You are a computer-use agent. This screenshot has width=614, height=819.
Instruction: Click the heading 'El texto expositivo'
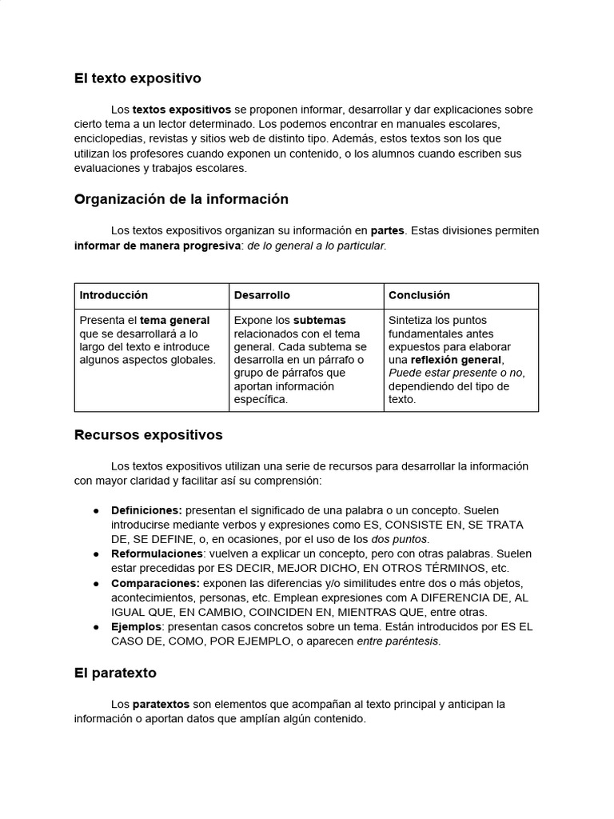pos(138,78)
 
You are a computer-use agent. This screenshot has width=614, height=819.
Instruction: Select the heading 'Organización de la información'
pos(181,199)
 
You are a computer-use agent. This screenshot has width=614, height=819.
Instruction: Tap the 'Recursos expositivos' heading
pos(148,435)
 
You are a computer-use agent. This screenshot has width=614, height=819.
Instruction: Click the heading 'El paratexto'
pos(115,673)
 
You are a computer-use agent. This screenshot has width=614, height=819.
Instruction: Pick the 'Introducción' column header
pos(114,295)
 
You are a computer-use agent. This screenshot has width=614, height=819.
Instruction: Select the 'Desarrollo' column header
pos(262,295)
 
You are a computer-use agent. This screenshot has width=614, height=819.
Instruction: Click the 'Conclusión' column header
pos(419,295)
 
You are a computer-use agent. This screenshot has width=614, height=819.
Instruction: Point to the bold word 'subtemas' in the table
pos(319,321)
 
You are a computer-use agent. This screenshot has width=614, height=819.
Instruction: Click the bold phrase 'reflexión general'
pos(456,360)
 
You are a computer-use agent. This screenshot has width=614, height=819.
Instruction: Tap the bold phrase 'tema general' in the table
pos(175,321)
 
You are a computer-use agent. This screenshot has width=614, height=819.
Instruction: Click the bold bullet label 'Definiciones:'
pos(146,510)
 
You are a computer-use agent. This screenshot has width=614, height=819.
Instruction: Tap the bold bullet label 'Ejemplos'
pos(136,627)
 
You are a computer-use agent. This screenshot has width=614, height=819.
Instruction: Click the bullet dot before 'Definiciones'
pos(96,510)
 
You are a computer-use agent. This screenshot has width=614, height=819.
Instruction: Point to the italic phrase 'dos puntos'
pos(399,539)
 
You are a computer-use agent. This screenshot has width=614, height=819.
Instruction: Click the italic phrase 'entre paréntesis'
pos(398,641)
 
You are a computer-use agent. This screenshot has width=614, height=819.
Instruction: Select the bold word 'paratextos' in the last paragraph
pos(161,705)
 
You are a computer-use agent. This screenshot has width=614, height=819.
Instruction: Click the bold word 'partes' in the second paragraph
pos(388,230)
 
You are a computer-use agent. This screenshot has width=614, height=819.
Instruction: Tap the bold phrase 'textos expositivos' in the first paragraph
pos(181,110)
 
